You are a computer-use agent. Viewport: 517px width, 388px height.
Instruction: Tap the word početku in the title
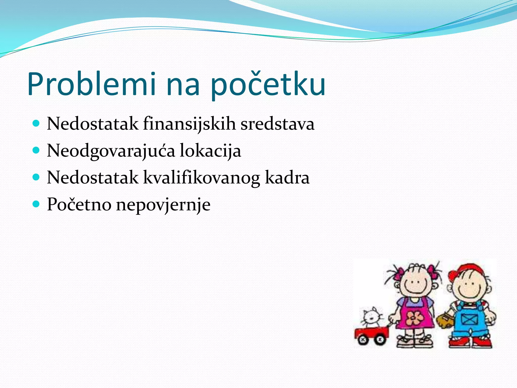coord(268,85)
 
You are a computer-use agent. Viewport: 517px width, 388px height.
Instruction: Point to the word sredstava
coord(277,124)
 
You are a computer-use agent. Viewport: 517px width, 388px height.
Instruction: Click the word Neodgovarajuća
coord(111,151)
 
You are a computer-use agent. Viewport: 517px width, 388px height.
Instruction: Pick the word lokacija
coord(210,151)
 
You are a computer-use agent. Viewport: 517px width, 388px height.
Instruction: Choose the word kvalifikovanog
coord(201,178)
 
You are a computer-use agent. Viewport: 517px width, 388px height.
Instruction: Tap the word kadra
coord(287,177)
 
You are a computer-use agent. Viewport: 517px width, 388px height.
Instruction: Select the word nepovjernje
coord(163,205)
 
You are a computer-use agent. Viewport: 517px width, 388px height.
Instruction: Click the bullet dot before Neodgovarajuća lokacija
coord(36,150)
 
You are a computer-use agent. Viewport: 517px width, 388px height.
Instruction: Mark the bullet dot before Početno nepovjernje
coord(36,204)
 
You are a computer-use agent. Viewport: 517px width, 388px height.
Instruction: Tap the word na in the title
coord(183,85)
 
